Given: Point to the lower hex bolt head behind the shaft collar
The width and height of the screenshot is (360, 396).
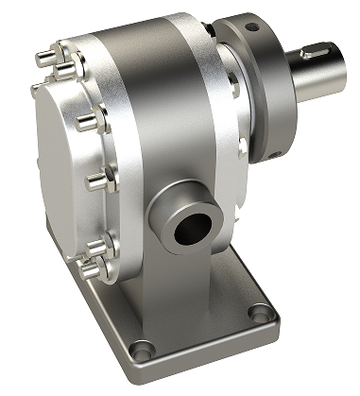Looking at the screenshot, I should (243, 144).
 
